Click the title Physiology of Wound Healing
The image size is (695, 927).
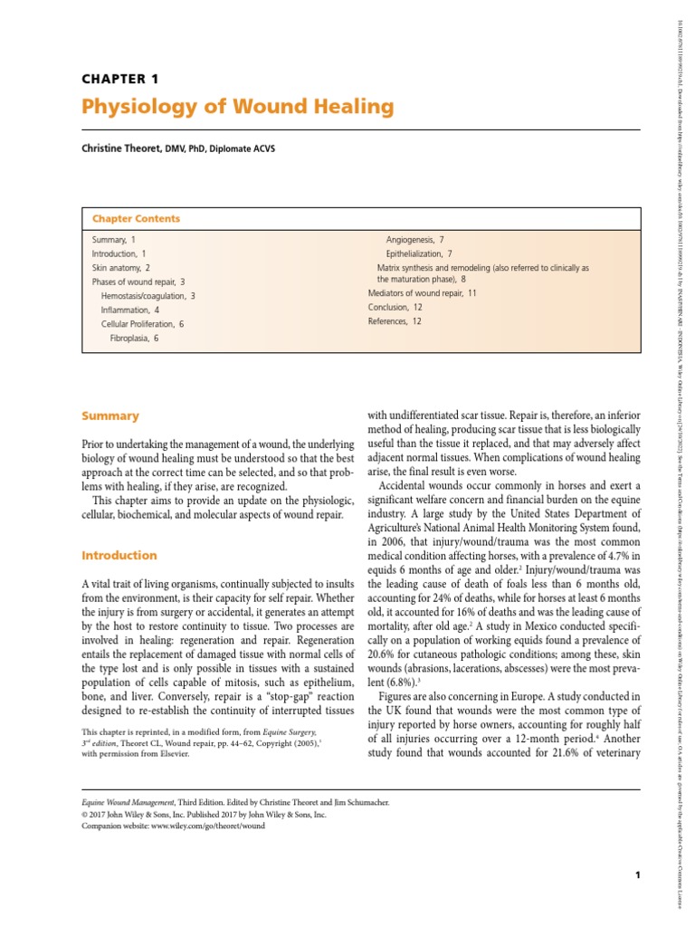tap(238, 108)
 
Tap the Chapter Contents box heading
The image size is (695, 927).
tap(136, 219)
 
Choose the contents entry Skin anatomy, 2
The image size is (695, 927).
tap(121, 269)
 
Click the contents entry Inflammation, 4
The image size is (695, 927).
tap(130, 310)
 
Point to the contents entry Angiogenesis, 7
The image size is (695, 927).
tap(414, 241)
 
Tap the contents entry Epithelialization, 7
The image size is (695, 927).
tap(419, 254)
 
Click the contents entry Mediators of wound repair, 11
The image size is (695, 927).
tap(422, 293)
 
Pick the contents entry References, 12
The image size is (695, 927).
tap(395, 320)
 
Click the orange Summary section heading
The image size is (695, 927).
tap(110, 416)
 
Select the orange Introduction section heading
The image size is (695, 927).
tap(119, 556)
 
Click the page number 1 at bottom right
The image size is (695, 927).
tap(638, 874)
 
